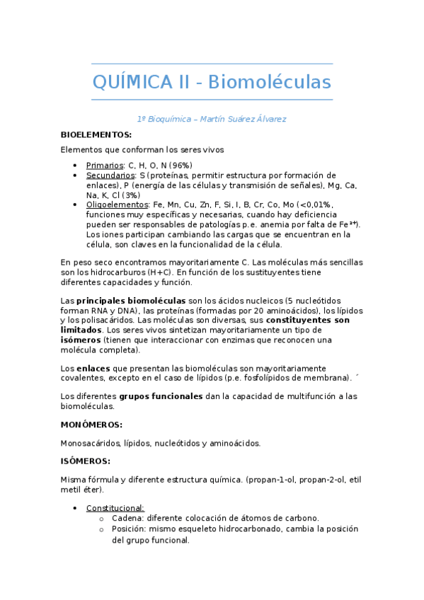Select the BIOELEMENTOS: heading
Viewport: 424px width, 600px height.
pos(96,134)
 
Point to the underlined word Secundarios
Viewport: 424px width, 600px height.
pos(110,175)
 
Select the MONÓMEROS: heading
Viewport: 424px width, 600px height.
pos(91,425)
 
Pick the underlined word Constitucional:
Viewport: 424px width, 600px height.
pos(115,507)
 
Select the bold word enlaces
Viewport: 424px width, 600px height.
pos(93,369)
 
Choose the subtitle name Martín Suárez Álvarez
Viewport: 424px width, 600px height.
pos(243,118)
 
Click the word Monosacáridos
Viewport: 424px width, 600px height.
pos(90,443)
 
